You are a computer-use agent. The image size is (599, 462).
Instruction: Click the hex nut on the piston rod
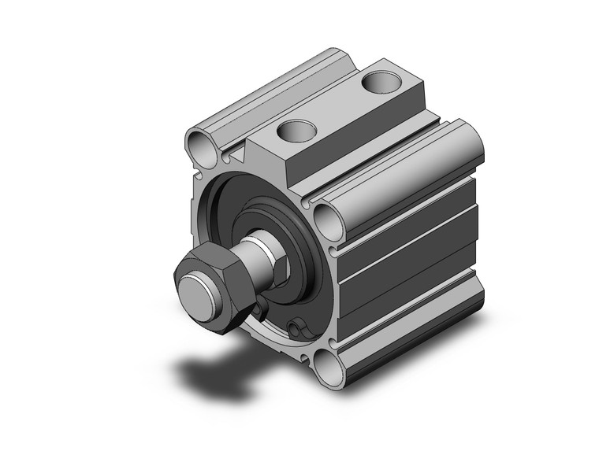206,275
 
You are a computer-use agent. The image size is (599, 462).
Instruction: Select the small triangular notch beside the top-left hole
228,157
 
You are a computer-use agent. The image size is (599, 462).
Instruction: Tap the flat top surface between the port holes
339,106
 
